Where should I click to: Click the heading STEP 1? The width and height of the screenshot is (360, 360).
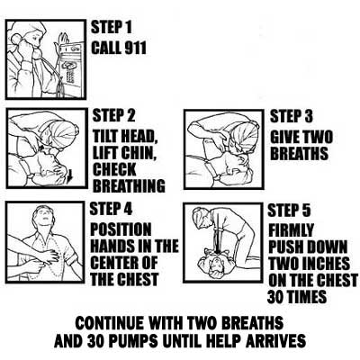pos(112,27)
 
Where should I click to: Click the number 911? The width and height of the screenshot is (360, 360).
pos(132,48)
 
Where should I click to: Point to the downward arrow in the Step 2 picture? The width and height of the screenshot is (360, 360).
pos(69,176)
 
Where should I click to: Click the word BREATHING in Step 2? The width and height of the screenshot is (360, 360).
pos(129,186)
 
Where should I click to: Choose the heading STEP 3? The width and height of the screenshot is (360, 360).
pos(292,116)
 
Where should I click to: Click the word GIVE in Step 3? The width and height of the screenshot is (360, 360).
pos(284,138)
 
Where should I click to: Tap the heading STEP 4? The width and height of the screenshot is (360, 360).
pos(111,209)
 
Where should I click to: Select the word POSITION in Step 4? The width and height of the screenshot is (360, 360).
pos(121,229)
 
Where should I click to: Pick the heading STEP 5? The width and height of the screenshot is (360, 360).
pos(289,210)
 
